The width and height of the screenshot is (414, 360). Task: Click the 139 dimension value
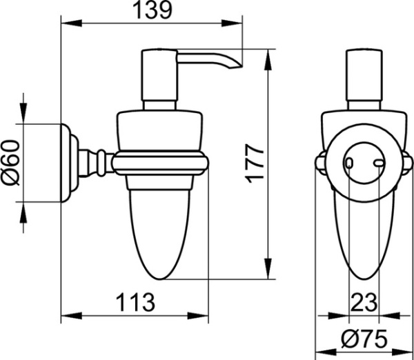(x=152, y=10)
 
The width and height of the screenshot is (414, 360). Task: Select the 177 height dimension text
(x=254, y=163)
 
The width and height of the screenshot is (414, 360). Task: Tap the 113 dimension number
(x=136, y=302)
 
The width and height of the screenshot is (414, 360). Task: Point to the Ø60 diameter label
(x=10, y=163)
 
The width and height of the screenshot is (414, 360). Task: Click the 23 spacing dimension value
(x=364, y=303)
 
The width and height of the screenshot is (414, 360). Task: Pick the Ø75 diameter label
(x=364, y=339)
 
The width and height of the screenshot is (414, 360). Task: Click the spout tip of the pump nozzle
(x=241, y=66)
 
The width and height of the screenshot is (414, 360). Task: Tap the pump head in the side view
(x=159, y=75)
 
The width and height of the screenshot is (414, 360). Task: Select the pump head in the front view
(x=364, y=75)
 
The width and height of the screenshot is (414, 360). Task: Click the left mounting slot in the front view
(x=349, y=163)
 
